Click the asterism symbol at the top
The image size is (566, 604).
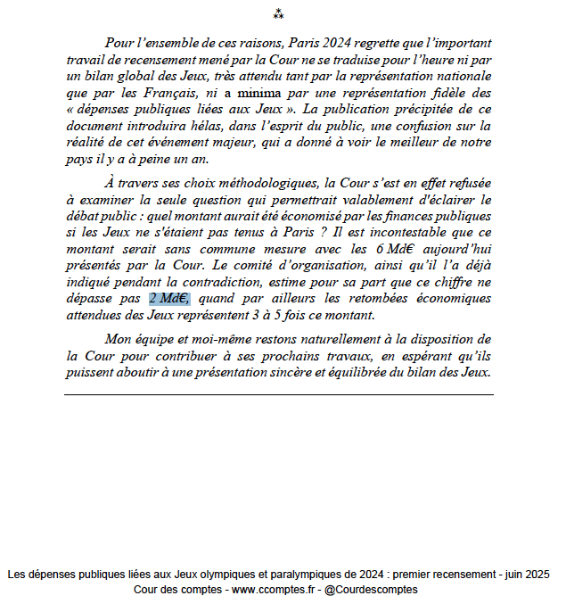pyautogui.click(x=278, y=13)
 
